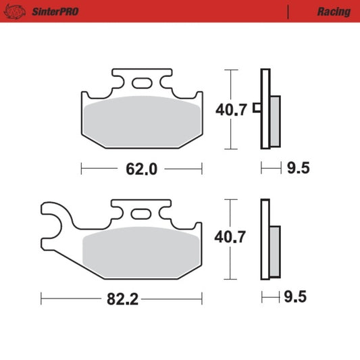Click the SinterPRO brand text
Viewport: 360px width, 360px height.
(55, 11)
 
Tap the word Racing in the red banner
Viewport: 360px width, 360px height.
(334, 12)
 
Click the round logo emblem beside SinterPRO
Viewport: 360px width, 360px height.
(15, 11)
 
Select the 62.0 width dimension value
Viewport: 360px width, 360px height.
(141, 170)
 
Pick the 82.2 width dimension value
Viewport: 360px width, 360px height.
(123, 299)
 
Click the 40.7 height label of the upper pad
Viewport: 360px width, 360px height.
(231, 109)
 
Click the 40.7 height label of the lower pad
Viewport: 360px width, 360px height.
(230, 237)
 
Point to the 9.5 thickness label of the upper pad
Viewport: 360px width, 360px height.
(299, 168)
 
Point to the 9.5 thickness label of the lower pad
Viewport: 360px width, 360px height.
(295, 297)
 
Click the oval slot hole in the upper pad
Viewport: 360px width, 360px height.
(142, 83)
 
